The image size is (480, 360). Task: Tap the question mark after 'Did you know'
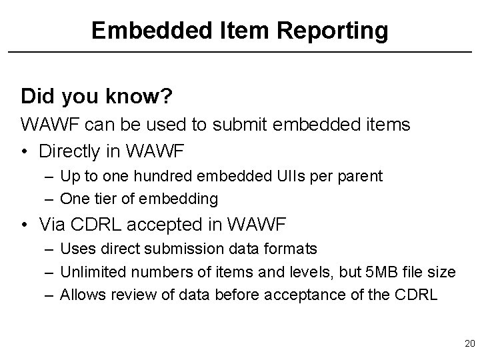(x=168, y=97)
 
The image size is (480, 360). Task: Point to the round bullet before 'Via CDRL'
(x=25, y=225)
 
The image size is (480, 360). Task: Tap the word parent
(x=363, y=176)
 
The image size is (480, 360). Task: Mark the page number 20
(x=469, y=343)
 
